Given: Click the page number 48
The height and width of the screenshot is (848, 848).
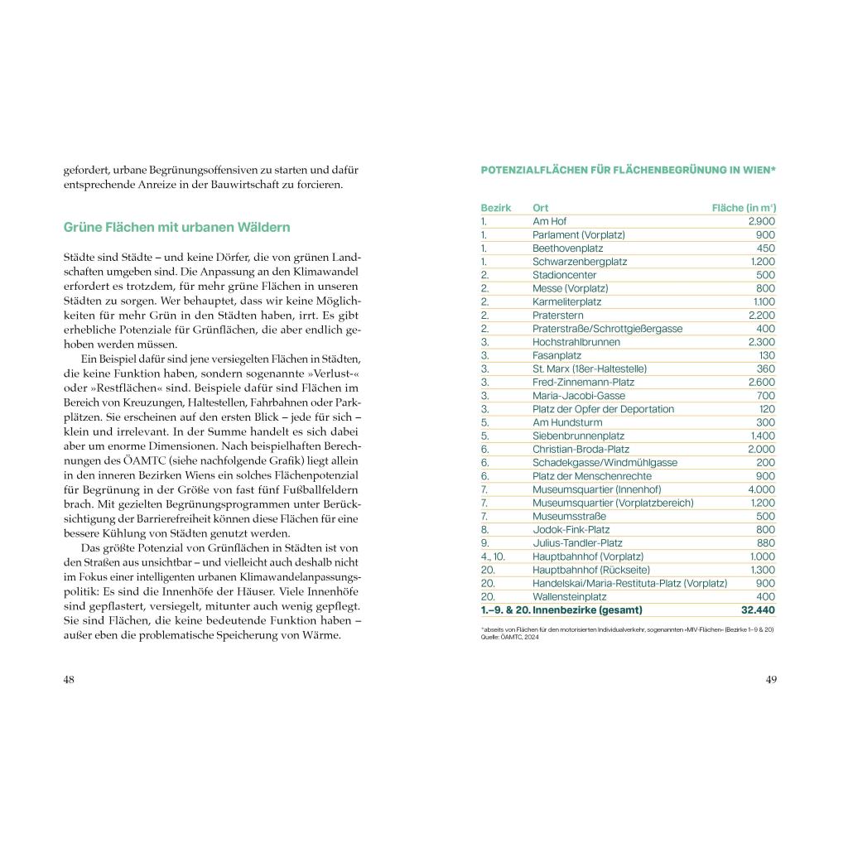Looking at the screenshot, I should (69, 679).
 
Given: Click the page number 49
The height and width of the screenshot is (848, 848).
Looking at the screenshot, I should (770, 679).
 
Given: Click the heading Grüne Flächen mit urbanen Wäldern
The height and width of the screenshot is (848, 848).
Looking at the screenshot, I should (177, 227).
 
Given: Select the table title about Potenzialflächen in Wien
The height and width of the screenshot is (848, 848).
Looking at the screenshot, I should (628, 170).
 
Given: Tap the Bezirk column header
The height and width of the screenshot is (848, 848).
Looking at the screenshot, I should (496, 207).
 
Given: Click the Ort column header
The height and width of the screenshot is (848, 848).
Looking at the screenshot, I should (541, 207).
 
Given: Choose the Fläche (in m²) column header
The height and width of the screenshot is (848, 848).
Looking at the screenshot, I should (744, 207).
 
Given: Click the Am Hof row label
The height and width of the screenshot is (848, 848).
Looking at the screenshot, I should (549, 221).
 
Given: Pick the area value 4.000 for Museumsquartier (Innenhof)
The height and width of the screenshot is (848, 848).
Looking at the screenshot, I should (760, 489).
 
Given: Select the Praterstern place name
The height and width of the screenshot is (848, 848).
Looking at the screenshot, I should (558, 315).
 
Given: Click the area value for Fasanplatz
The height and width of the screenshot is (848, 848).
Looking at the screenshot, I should (767, 355).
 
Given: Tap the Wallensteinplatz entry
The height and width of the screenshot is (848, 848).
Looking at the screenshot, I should (570, 596).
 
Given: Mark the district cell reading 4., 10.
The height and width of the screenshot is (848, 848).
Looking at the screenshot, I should (493, 556).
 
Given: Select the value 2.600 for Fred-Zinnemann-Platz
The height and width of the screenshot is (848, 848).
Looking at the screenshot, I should (761, 382).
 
